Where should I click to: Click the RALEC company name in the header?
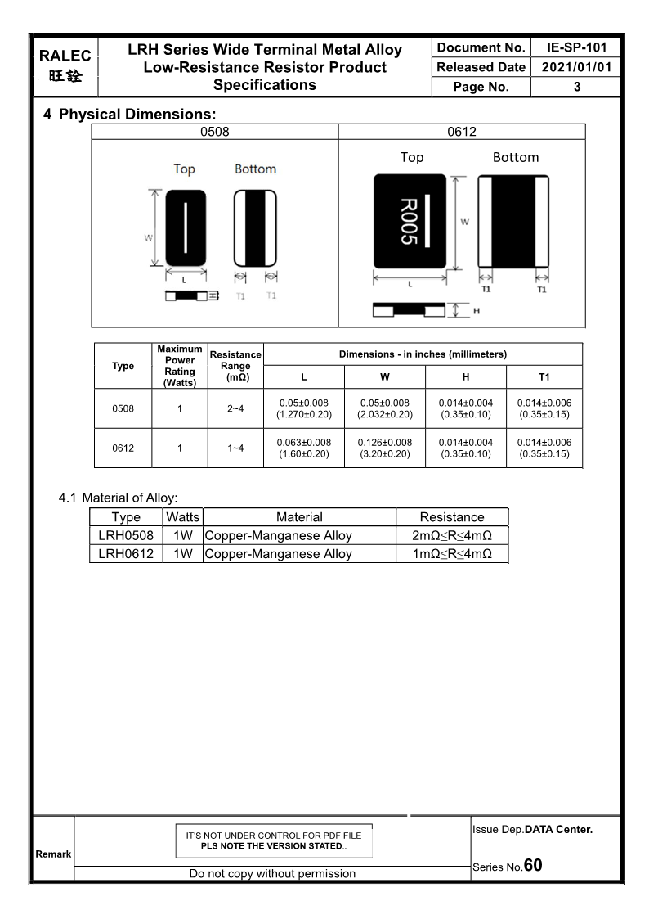coord(65,56)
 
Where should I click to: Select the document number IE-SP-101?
coord(576,47)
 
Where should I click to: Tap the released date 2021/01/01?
coord(576,67)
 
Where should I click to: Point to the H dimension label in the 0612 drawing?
coord(477,311)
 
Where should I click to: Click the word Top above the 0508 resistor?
coord(184,169)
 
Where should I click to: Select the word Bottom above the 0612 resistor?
coord(515,157)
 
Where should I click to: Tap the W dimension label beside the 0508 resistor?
coord(149,238)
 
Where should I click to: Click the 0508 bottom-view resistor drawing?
coord(256,227)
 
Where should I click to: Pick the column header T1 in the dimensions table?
coord(544,376)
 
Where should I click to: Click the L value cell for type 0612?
coord(304,448)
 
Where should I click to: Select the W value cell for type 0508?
coord(384,408)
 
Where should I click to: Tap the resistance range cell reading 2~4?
coord(235,408)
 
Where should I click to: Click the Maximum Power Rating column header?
coord(180,366)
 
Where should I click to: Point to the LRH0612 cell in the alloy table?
coord(126,554)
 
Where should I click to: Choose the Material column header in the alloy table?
coord(299,517)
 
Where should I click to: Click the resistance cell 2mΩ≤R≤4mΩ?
coord(452,536)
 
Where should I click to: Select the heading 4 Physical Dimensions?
coord(130,115)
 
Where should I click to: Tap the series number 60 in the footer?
coord(533,865)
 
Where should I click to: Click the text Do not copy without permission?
coord(272,873)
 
